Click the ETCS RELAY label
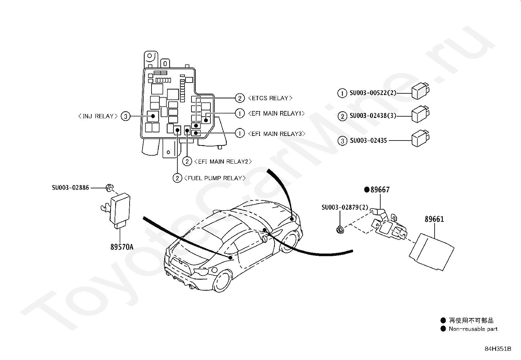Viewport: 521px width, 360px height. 270,98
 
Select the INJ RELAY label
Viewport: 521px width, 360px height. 98,116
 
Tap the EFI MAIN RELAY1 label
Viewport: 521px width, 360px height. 276,113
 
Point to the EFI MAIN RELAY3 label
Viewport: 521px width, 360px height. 277,134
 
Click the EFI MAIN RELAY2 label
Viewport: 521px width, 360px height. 223,161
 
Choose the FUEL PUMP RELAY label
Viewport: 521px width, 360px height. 215,178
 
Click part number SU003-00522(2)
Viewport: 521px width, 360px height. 373,93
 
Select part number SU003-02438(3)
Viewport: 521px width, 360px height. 373,116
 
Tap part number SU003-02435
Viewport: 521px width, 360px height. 368,141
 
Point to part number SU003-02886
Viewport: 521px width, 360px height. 70,188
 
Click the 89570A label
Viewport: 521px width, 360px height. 122,247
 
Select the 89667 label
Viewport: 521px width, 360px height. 380,190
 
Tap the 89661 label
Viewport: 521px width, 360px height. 434,219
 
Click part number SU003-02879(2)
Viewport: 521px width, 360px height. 345,207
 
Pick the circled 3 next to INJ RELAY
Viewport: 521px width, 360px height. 125,116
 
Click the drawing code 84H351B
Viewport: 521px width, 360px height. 498,349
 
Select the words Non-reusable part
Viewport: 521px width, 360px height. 473,329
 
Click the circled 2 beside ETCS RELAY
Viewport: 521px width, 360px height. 240,98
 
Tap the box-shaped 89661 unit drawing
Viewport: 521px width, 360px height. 431,251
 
